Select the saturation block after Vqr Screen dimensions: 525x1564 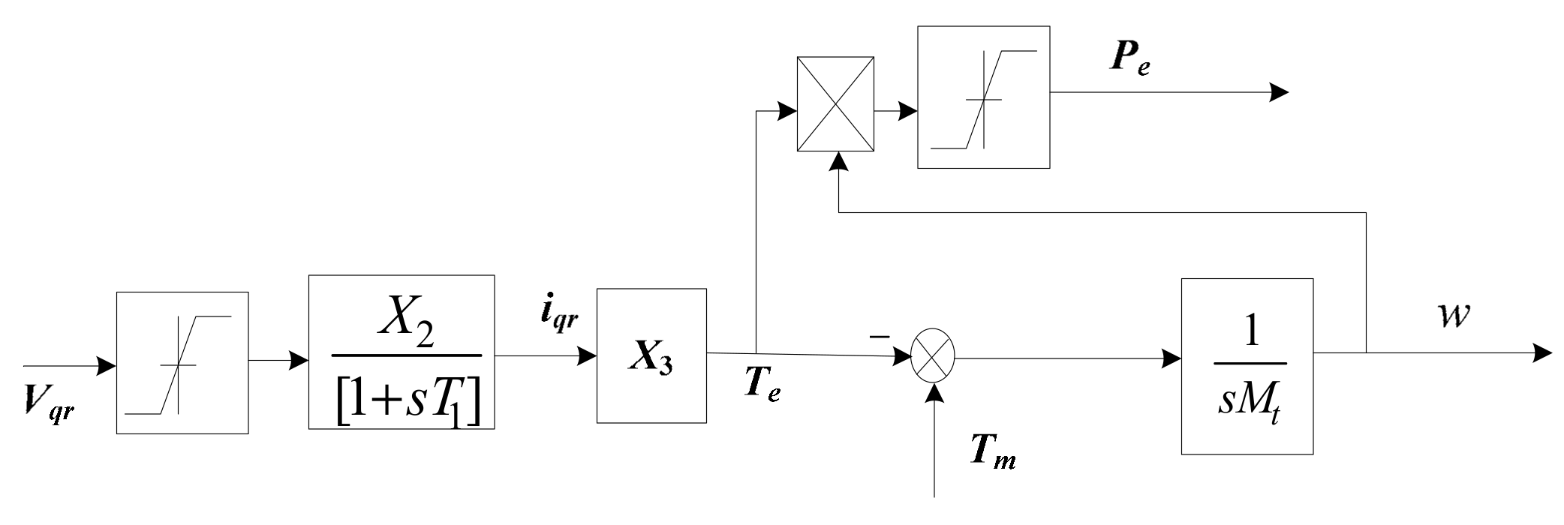pos(182,362)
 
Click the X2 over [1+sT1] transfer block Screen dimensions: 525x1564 pos(402,352)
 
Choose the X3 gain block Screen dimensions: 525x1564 pos(651,355)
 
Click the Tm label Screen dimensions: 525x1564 pos(992,451)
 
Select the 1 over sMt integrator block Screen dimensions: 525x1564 pos(1247,366)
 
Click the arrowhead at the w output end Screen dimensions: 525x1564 pos(1543,352)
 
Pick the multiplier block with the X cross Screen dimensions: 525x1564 pos(835,103)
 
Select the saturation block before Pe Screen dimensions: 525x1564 pos(983,97)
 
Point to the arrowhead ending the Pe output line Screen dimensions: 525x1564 pos(1279,93)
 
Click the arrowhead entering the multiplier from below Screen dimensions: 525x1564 pos(838,160)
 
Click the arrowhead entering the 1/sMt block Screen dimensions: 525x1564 pos(1171,358)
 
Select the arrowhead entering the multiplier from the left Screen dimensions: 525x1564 pos(787,112)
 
